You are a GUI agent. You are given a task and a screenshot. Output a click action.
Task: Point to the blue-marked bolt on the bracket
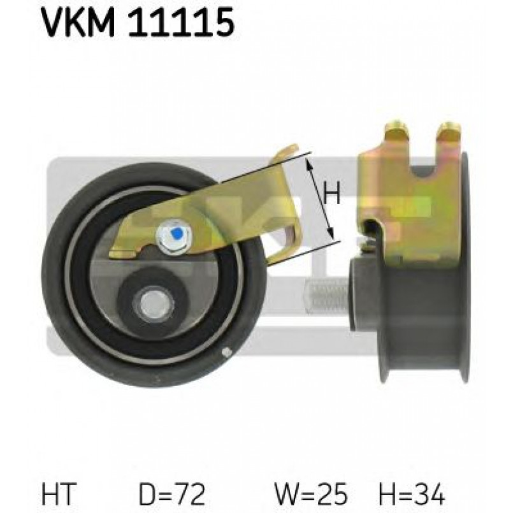171,238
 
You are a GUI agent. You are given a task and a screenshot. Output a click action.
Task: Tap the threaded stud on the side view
326,298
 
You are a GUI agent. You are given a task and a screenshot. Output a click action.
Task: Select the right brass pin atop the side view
449,131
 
